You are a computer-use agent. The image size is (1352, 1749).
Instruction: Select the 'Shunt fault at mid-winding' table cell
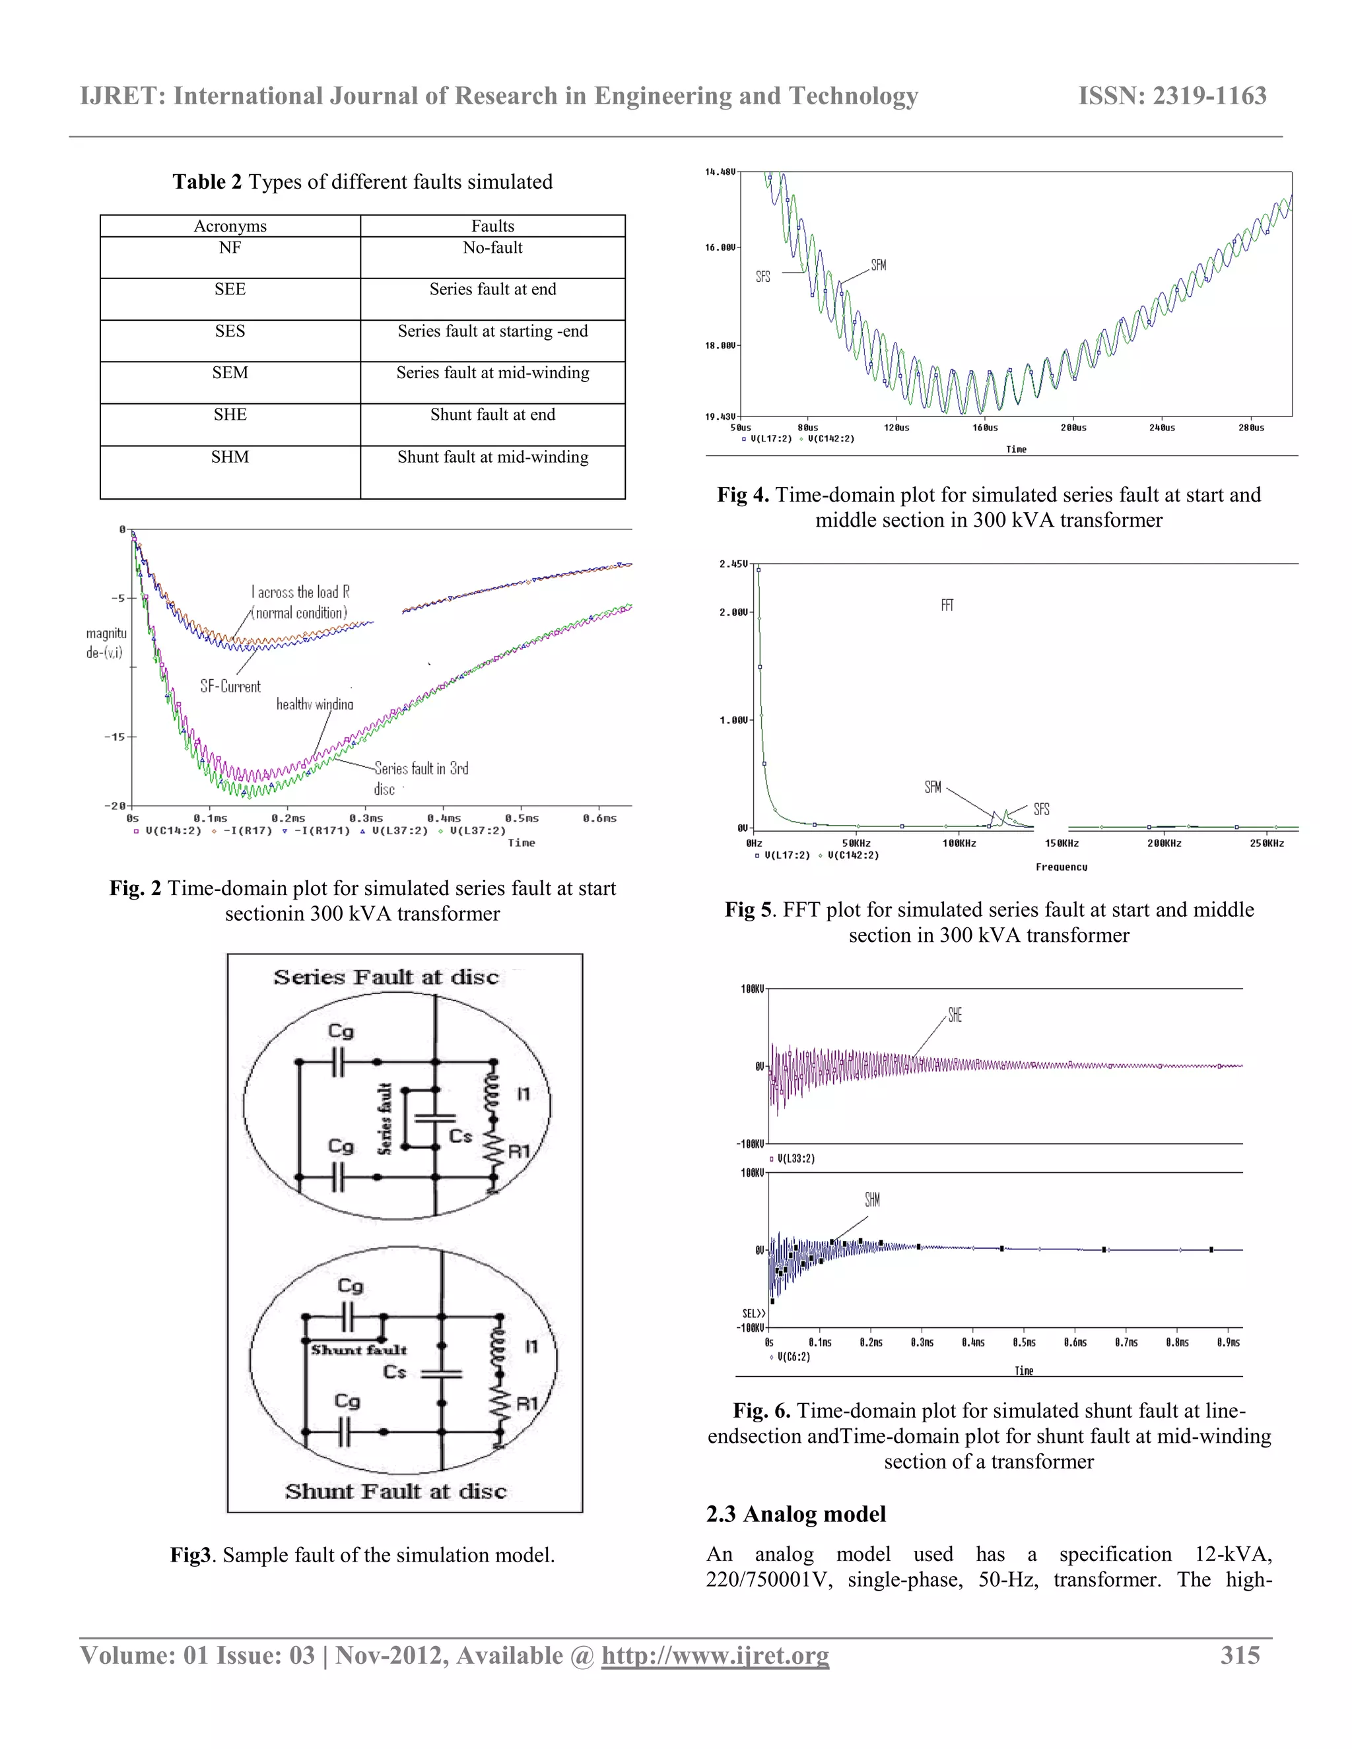pyautogui.click(x=492, y=457)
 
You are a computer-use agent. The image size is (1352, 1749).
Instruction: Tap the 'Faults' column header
pyautogui.click(x=492, y=226)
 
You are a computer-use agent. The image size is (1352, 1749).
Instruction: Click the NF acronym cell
pyautogui.click(x=230, y=248)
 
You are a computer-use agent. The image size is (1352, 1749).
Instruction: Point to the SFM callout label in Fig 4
pyautogui.click(x=879, y=265)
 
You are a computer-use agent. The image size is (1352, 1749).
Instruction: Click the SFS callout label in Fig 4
pyautogui.click(x=763, y=277)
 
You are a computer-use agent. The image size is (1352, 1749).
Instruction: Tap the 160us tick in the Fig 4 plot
pyautogui.click(x=985, y=428)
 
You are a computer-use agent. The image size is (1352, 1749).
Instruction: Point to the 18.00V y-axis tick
pyautogui.click(x=720, y=346)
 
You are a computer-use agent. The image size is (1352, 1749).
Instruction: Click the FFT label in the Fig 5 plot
pyautogui.click(x=947, y=605)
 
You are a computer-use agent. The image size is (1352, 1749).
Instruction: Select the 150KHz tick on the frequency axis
pyautogui.click(x=1062, y=843)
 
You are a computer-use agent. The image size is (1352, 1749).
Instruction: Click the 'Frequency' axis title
pyautogui.click(x=1062, y=867)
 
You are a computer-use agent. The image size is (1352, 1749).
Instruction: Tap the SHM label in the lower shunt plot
pyautogui.click(x=872, y=1200)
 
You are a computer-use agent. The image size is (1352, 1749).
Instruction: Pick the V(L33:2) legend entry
pyautogui.click(x=795, y=1159)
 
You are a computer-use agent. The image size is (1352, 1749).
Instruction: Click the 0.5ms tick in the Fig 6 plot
pyautogui.click(x=1024, y=1342)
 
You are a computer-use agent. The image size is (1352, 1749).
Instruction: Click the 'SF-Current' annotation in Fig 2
pyautogui.click(x=230, y=686)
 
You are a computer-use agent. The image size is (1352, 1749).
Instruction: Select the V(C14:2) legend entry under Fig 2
pyautogui.click(x=172, y=831)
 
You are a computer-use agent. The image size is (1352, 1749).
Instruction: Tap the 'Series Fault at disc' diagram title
pyautogui.click(x=386, y=978)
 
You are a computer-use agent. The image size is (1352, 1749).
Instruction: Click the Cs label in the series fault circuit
pyautogui.click(x=461, y=1136)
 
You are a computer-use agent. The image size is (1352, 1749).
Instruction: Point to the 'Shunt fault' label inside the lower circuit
pyautogui.click(x=359, y=1350)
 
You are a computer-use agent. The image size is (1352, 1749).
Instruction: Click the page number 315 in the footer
pyautogui.click(x=1240, y=1655)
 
